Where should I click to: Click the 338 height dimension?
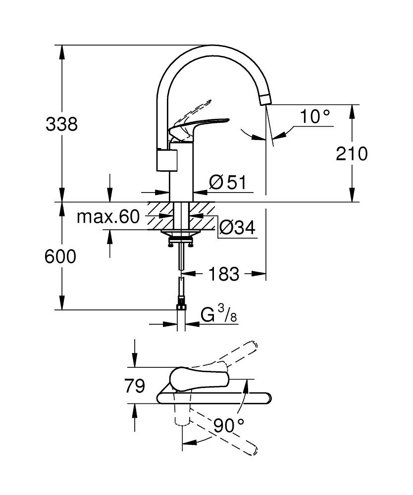tap(61, 124)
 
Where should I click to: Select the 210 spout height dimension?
tap(352, 154)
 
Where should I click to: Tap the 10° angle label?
tap(314, 117)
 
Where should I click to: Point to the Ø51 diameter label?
tap(227, 182)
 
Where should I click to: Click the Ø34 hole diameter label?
tap(236, 228)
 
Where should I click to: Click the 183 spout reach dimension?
tap(224, 274)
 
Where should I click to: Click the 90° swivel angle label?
tap(229, 425)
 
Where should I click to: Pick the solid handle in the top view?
tap(198, 379)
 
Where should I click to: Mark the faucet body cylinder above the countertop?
tap(181, 171)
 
